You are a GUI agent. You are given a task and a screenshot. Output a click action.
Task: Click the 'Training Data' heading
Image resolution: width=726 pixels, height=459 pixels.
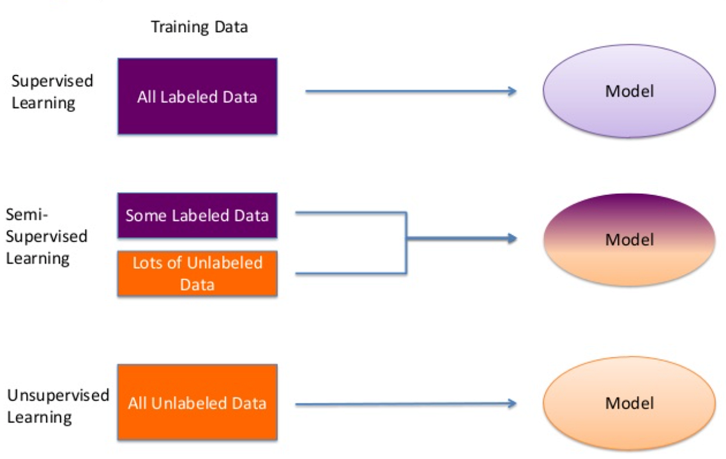pyautogui.click(x=199, y=27)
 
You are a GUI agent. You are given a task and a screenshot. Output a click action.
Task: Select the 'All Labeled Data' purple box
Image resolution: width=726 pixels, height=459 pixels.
pyautogui.click(x=197, y=96)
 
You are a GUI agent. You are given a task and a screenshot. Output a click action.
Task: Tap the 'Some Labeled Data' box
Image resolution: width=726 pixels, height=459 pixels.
pyautogui.click(x=197, y=215)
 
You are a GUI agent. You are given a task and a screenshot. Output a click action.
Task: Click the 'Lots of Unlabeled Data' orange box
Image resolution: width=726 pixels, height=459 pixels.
pyautogui.click(x=197, y=273)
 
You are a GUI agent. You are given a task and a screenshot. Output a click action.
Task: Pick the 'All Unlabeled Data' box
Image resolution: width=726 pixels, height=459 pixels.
pyautogui.click(x=197, y=402)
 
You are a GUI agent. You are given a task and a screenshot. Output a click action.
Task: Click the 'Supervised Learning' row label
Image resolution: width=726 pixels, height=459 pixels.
pyautogui.click(x=52, y=92)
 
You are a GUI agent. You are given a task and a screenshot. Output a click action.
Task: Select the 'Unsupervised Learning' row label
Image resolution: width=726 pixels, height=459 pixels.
pyautogui.click(x=57, y=406)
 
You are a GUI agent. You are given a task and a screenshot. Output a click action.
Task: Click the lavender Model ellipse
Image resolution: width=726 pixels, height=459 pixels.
pyautogui.click(x=629, y=91)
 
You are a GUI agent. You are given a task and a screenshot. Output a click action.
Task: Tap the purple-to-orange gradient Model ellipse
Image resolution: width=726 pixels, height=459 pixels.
pyautogui.click(x=629, y=239)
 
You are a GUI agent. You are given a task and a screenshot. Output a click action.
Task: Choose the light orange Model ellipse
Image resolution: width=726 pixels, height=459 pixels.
pyautogui.click(x=629, y=403)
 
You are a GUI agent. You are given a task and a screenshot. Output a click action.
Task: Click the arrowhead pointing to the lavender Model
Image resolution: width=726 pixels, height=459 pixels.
pyautogui.click(x=512, y=91)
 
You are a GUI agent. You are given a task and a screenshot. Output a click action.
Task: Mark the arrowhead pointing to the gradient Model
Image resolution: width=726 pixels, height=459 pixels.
pyautogui.click(x=512, y=238)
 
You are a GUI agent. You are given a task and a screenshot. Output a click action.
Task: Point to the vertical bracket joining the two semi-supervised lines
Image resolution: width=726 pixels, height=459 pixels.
pyautogui.click(x=406, y=243)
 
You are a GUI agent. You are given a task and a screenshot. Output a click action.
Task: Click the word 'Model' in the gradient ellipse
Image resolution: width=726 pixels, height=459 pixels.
pyautogui.click(x=629, y=239)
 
